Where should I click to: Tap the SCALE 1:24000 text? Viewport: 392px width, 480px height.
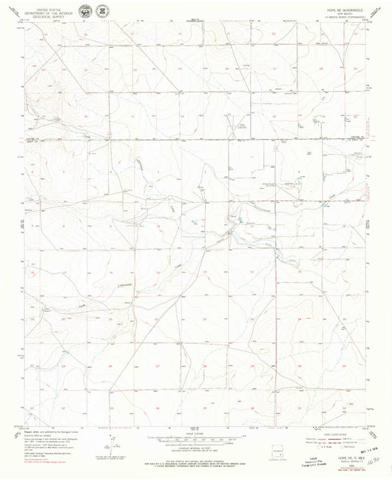196,434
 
